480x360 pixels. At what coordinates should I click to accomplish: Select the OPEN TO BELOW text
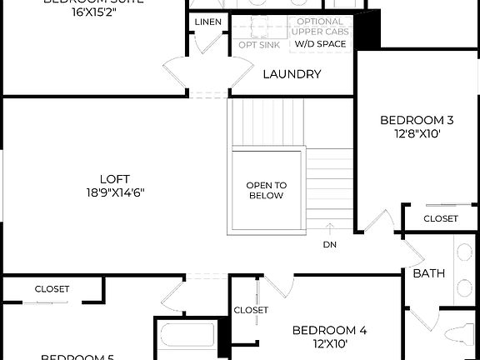point(266,190)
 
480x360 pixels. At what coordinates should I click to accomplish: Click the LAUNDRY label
point(292,74)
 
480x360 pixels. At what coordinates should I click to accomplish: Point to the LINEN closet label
point(207,22)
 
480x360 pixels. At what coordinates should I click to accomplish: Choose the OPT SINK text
point(259,45)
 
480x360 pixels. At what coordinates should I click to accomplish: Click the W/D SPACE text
point(319,43)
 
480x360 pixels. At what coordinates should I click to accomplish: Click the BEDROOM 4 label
point(329,329)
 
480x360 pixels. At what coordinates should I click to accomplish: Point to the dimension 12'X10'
point(329,342)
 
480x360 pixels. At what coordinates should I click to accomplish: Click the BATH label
point(428,272)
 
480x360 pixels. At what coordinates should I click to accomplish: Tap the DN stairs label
point(330,245)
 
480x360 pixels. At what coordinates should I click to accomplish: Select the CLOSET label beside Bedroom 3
point(440,218)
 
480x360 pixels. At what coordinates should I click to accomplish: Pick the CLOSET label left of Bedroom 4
point(251,310)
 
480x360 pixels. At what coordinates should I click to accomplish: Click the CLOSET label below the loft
point(52,289)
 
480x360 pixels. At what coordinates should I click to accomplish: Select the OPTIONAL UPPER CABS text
point(319,27)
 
